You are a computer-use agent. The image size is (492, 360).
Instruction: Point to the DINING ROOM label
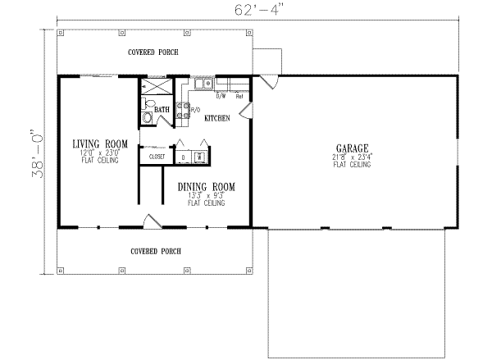pos(207,187)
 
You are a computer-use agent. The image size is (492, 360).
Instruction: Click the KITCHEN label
pos(216,118)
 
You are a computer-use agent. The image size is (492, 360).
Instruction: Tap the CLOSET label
pos(158,155)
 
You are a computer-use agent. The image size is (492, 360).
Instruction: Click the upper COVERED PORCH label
pos(153,52)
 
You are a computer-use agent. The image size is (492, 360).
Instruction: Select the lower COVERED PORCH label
pos(156,251)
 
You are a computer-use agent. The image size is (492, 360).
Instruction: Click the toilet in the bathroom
pos(148,117)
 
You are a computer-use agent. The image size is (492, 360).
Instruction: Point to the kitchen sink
pos(203,84)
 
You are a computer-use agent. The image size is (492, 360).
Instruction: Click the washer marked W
pos(198,156)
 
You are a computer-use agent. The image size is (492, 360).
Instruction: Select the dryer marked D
pos(183,156)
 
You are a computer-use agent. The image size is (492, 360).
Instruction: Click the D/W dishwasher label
pos(221,96)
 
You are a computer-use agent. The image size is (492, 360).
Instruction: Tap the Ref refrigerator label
pos(239,96)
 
